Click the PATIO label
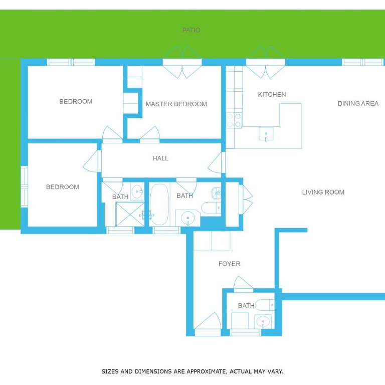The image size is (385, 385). pos(191,30)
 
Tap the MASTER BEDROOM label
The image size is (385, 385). pos(176,104)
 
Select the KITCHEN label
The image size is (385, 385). pos(272,95)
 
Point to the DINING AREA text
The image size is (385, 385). pos(358,104)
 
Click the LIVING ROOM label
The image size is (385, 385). pos(323,192)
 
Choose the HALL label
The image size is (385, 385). pos(160,158)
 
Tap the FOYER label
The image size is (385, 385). pos(229,264)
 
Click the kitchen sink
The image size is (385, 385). pos(266,134)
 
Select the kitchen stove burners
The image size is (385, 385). pos(234,120)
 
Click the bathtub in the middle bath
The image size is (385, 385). pos(159,205)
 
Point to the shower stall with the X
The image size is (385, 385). pos(130,214)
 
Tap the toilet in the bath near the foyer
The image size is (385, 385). pos(265,305)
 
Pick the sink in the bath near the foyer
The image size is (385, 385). pos(263,321)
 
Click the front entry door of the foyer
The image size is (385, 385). pos(208,324)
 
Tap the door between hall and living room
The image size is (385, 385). pos(217,162)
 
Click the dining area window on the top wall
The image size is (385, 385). pos(363,62)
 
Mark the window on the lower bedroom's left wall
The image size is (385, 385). pos(24,186)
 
